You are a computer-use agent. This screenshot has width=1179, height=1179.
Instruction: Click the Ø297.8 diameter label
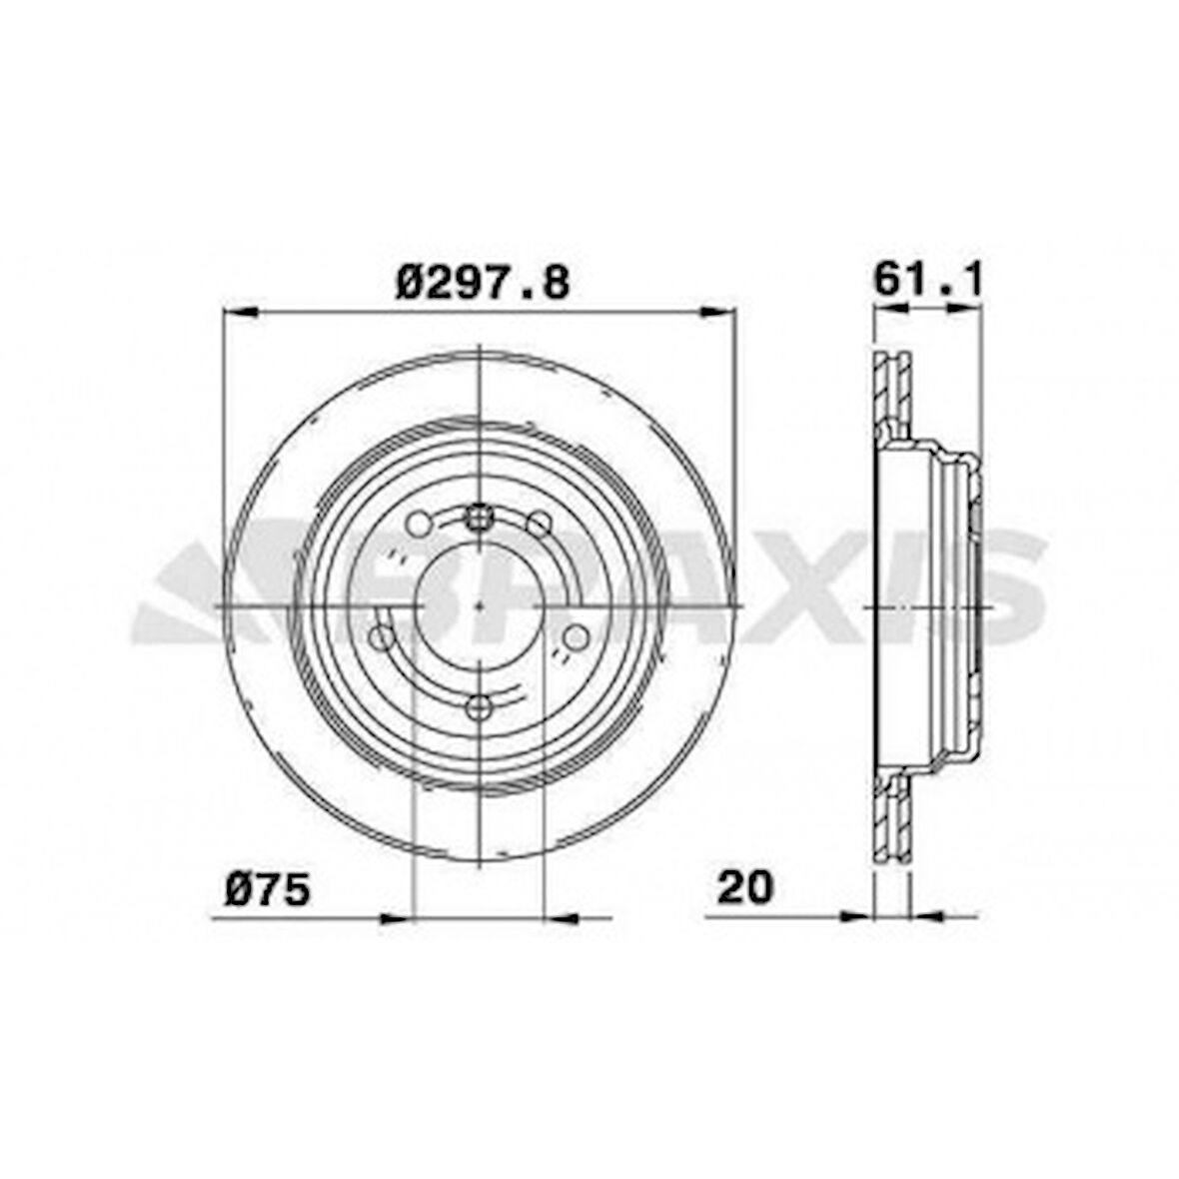click(x=483, y=283)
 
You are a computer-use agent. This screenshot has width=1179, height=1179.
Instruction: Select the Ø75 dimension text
click(x=268, y=888)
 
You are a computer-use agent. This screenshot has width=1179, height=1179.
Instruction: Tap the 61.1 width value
click(x=928, y=279)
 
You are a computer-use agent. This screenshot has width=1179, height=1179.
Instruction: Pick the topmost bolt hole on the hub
click(x=481, y=517)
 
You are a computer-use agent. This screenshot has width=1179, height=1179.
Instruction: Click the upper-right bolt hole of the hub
click(x=540, y=523)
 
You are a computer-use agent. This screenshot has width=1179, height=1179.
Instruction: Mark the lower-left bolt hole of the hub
click(x=381, y=636)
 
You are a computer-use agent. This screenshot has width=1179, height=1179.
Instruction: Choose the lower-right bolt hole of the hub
click(x=576, y=636)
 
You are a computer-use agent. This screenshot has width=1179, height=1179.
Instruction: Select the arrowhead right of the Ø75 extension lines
click(x=561, y=917)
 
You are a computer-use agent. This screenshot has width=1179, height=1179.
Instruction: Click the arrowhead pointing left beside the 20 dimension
click(x=928, y=915)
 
